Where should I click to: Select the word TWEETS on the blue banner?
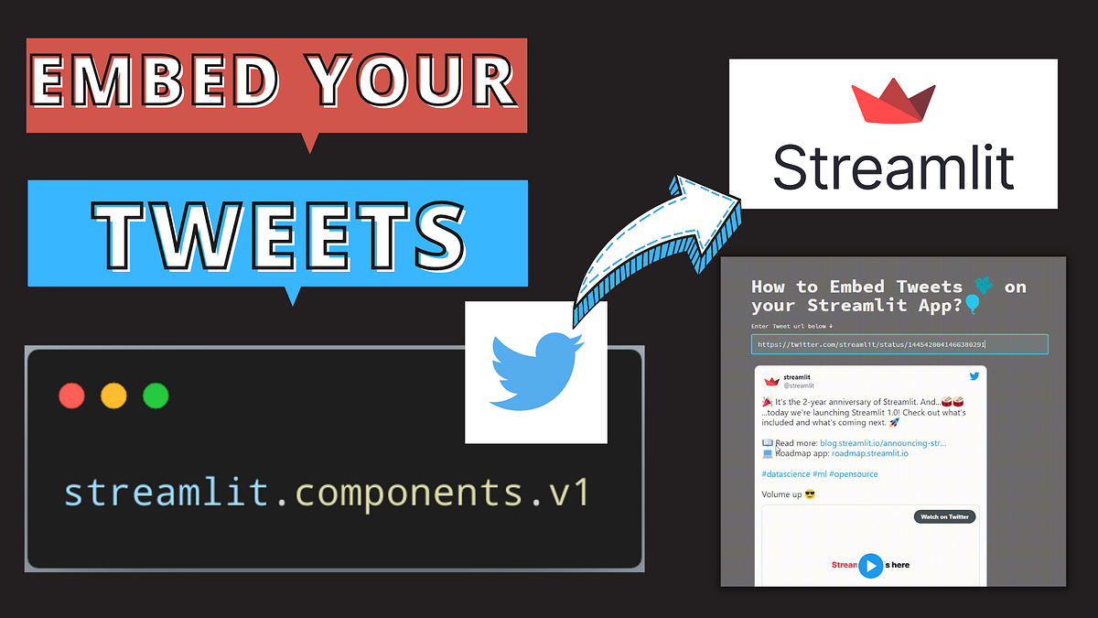click(x=279, y=231)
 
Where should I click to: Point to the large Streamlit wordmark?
click(x=893, y=167)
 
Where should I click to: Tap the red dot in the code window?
click(x=71, y=396)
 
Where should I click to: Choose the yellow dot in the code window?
click(x=113, y=396)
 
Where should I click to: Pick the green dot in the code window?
click(x=156, y=396)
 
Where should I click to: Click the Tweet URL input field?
click(x=899, y=344)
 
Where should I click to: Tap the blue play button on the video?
click(x=871, y=566)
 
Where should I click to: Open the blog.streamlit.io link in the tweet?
click(x=883, y=443)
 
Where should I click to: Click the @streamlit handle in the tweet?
click(x=799, y=386)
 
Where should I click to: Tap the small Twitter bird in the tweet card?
click(x=974, y=376)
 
